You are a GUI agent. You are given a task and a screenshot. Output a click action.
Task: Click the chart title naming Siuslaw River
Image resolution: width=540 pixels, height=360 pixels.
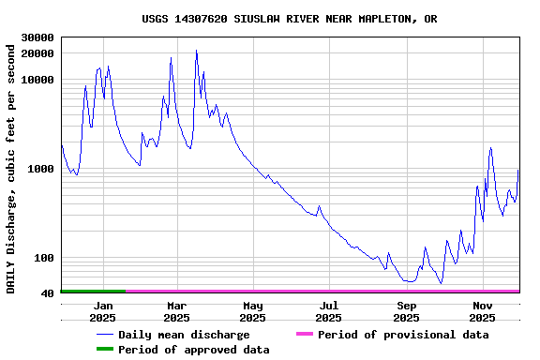tap(289, 19)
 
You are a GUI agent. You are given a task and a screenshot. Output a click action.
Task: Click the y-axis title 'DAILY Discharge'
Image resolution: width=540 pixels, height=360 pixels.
tap(11, 166)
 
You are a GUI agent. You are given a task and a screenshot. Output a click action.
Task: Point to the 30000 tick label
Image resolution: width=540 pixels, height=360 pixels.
tap(37, 37)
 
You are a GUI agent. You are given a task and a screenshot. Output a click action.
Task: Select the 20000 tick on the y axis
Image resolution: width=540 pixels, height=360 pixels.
tap(37, 53)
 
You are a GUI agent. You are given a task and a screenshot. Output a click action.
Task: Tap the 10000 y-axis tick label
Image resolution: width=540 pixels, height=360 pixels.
tap(37, 81)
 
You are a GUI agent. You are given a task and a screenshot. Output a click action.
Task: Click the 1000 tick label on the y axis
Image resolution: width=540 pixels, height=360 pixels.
tap(41, 170)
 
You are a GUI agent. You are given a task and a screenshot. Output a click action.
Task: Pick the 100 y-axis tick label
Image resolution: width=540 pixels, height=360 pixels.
tap(45, 259)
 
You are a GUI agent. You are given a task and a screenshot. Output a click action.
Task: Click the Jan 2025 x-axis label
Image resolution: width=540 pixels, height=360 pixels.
tap(102, 311)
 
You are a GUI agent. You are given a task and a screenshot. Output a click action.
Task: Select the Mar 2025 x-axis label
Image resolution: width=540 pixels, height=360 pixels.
tap(177, 311)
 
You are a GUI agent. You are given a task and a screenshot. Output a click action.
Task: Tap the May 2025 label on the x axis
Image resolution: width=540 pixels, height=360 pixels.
tap(252, 311)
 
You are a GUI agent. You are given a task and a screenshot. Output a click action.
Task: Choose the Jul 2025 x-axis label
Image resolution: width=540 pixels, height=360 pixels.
tap(329, 311)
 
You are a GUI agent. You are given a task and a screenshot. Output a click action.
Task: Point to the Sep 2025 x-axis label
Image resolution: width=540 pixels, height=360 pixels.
tap(406, 311)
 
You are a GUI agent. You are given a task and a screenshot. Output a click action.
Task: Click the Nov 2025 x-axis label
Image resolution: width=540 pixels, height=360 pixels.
tap(482, 311)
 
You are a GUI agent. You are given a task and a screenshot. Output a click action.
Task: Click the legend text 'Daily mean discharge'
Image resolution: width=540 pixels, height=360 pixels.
tap(184, 335)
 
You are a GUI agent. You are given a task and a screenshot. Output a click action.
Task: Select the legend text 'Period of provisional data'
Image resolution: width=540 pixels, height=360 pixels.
tap(403, 335)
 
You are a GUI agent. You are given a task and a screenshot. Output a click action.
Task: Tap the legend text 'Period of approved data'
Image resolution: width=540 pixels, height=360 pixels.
tap(193, 350)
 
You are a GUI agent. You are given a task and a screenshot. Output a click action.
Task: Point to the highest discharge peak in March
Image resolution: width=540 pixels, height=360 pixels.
tap(196, 51)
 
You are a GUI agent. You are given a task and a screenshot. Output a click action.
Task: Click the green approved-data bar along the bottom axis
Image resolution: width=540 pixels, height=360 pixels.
tap(92, 292)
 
